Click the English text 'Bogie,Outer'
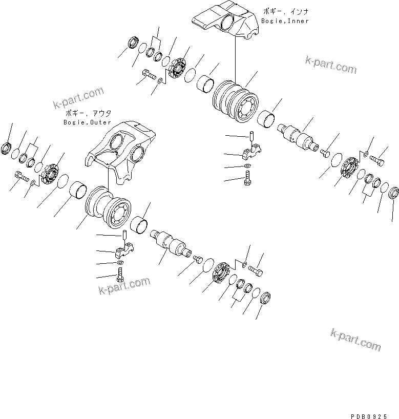[87, 122]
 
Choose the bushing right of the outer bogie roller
[140, 224]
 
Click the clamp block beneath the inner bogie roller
[252, 151]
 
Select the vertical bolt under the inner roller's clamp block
[248, 180]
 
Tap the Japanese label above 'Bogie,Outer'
[88, 113]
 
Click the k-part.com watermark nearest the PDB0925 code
[355, 339]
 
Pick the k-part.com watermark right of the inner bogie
[330, 66]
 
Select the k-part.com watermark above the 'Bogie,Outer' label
[78, 98]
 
